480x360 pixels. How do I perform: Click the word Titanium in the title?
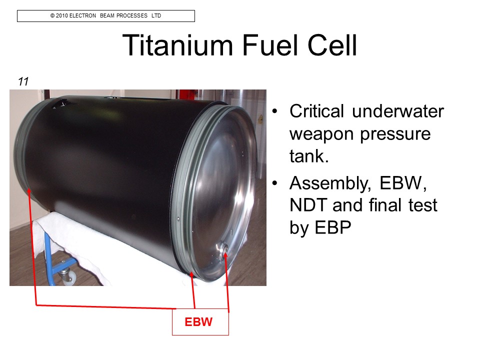[x=177, y=45]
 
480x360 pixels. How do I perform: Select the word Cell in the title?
[x=332, y=45]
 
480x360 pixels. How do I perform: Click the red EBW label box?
[x=200, y=321]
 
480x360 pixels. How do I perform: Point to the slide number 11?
[x=23, y=81]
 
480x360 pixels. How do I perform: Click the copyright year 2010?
[x=62, y=15]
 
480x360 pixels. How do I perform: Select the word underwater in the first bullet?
[x=397, y=111]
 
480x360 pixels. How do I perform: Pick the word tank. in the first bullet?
[x=309, y=156]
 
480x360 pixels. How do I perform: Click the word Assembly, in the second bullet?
[x=330, y=184]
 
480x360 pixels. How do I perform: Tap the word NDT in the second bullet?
[x=308, y=205]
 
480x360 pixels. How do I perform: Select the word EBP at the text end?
[x=333, y=228]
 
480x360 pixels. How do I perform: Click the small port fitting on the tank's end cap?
[x=222, y=247]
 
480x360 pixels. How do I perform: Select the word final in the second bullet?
[x=385, y=205]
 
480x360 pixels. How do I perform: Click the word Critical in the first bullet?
[x=316, y=111]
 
